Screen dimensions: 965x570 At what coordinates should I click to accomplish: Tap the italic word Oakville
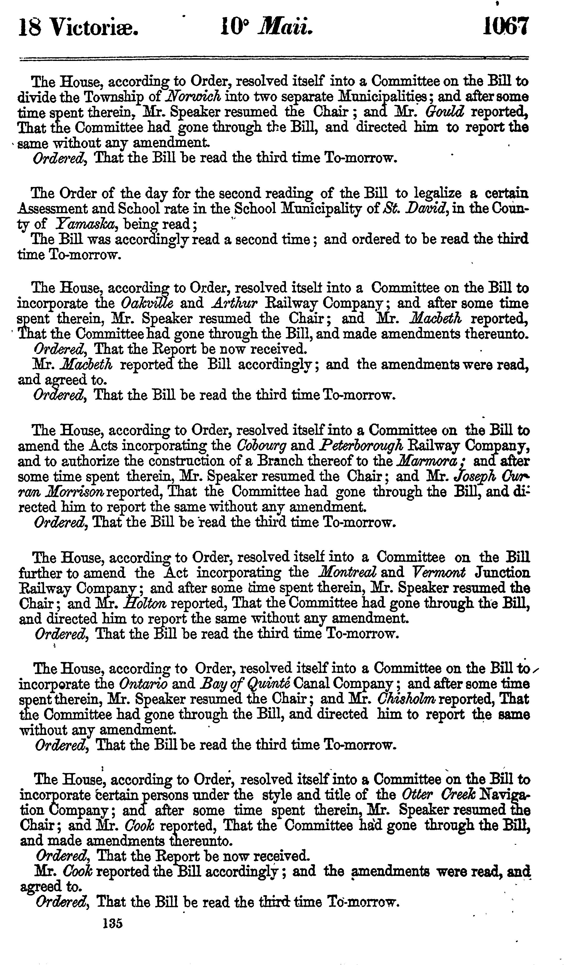pyautogui.click(x=147, y=303)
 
